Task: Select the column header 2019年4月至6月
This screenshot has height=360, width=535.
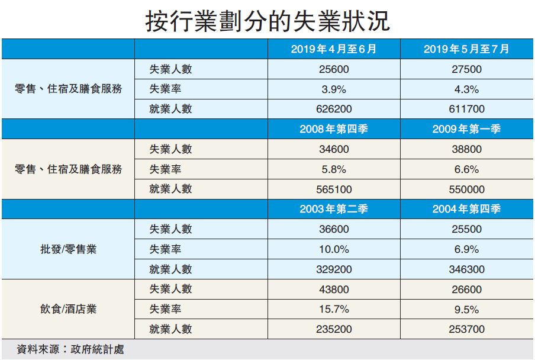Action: (x=334, y=49)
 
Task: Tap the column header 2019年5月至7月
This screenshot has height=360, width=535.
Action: (x=466, y=49)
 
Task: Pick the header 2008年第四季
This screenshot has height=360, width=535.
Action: (x=334, y=129)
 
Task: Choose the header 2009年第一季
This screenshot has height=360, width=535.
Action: (x=466, y=129)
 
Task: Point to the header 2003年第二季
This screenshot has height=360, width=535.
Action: (x=334, y=209)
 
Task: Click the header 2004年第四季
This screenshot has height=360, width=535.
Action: (x=466, y=209)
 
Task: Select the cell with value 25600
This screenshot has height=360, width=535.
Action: (x=334, y=69)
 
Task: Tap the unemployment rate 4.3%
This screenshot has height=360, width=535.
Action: (x=466, y=89)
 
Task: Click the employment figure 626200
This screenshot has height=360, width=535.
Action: (x=334, y=110)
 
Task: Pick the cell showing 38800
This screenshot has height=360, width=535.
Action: (x=466, y=149)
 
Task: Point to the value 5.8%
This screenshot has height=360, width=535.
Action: (x=334, y=169)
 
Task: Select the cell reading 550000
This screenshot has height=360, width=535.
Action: (x=466, y=189)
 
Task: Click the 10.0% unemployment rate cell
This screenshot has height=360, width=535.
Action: (x=334, y=249)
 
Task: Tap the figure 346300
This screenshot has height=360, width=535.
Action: (x=466, y=269)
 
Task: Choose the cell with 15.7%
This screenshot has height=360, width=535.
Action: (x=334, y=310)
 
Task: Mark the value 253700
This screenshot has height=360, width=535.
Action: (x=466, y=330)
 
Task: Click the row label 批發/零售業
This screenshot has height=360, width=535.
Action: (x=68, y=249)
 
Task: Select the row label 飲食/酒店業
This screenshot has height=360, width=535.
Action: (x=68, y=310)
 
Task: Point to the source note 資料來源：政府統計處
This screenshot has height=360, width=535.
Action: (x=70, y=349)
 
